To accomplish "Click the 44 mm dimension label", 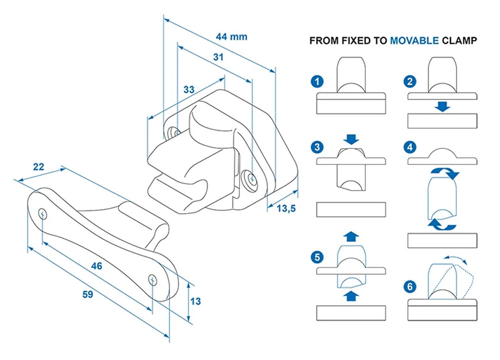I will (231, 36).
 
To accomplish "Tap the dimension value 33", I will (188, 90).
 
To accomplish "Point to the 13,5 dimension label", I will (286, 208).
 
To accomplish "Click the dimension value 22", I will (38, 167).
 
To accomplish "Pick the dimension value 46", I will (96, 266).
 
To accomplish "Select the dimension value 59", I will (87, 295).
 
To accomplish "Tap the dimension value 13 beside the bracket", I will (195, 301).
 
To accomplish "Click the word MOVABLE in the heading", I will (414, 40).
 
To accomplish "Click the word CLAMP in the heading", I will (459, 40).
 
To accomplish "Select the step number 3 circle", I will (316, 148).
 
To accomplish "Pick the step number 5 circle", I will (316, 257).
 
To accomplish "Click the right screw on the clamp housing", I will (250, 177).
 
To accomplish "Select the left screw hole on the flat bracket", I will (43, 213).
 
